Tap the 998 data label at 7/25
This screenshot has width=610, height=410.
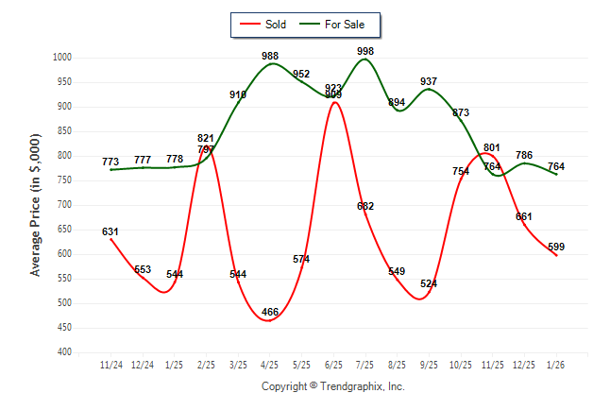click(x=365, y=50)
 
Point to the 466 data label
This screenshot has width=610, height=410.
click(x=270, y=312)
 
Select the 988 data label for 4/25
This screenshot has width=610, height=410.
click(x=270, y=57)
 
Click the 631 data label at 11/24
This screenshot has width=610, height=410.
click(x=110, y=231)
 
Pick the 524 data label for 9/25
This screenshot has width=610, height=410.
click(x=429, y=283)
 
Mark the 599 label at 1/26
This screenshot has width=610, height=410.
click(x=556, y=247)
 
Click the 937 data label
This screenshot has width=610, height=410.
click(x=429, y=81)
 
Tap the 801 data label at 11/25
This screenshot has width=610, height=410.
click(x=492, y=147)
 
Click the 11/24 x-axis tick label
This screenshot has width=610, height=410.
click(x=110, y=364)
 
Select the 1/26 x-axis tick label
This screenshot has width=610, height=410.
click(x=556, y=364)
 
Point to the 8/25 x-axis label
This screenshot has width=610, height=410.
click(x=397, y=364)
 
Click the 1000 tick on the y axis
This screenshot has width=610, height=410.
click(x=62, y=58)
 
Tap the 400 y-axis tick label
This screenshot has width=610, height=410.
click(x=65, y=352)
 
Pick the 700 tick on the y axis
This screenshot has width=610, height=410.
click(x=65, y=205)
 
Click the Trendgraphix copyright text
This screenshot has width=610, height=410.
click(x=332, y=386)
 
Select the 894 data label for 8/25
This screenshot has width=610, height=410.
click(x=397, y=102)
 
